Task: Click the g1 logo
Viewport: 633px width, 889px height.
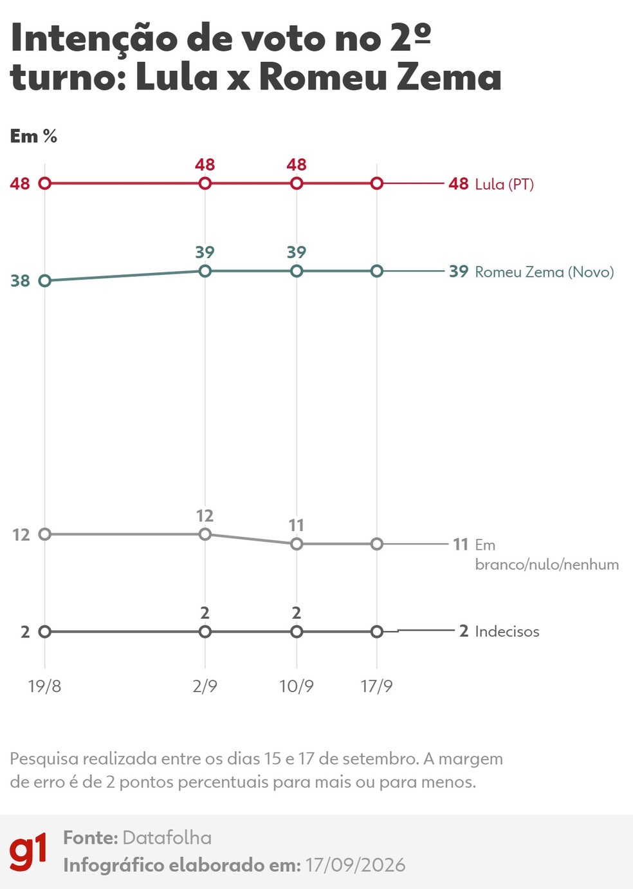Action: click(28, 852)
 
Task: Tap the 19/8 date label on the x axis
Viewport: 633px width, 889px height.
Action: click(45, 686)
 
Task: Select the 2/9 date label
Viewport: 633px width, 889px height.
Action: click(205, 686)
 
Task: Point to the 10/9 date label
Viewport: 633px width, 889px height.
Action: click(297, 686)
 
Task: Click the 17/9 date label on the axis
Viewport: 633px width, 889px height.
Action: click(376, 686)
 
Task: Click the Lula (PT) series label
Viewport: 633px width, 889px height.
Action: click(504, 184)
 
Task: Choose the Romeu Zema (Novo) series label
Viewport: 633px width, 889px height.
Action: click(545, 272)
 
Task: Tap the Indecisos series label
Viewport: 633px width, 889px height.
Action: click(508, 632)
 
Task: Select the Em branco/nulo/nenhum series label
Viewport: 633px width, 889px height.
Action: click(547, 554)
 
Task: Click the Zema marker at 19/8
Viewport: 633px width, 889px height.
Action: click(45, 281)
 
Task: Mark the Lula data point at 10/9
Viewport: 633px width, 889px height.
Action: click(297, 183)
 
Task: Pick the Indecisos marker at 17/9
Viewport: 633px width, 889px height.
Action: click(377, 632)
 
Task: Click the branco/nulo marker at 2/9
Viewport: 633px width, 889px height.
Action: click(205, 534)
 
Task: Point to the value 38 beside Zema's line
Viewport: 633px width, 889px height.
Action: click(20, 281)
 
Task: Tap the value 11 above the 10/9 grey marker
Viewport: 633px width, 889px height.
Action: click(297, 525)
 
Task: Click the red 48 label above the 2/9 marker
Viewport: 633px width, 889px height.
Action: click(205, 165)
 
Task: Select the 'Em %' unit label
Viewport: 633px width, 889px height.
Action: click(33, 136)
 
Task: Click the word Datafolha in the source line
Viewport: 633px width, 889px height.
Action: click(167, 838)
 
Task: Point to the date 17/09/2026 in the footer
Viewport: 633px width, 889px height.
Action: click(355, 865)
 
